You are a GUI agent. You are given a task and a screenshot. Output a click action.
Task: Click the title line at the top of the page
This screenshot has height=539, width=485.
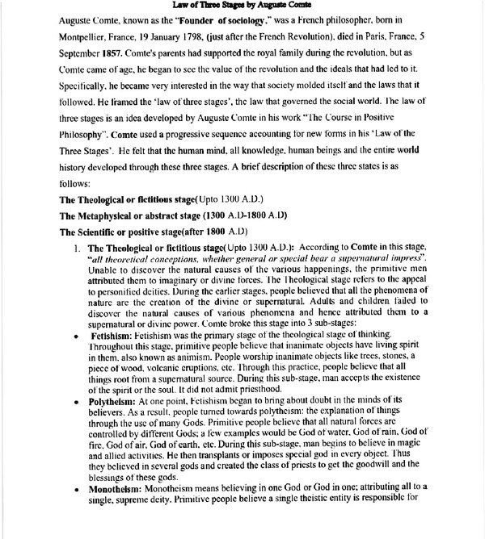click(x=242, y=6)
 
